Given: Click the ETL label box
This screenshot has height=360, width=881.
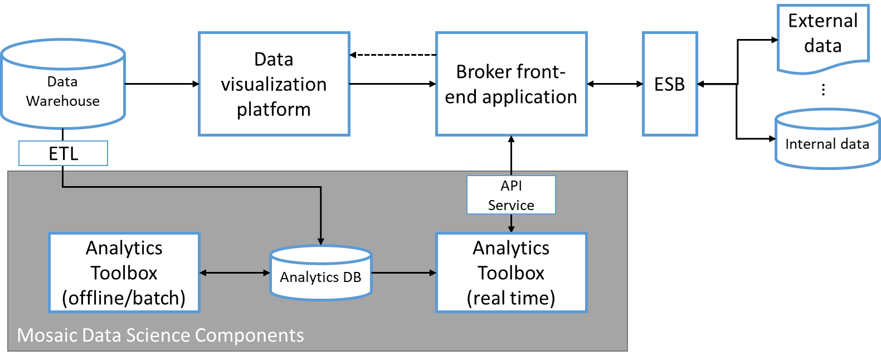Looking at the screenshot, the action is coord(63,153).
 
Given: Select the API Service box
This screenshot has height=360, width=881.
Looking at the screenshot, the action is coord(511,194).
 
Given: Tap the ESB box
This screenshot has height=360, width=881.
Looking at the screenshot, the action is coord(670,84).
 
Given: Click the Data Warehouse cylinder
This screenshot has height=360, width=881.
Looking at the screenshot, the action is coord(63,84).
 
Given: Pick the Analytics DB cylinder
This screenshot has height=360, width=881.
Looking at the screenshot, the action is coord(320,273).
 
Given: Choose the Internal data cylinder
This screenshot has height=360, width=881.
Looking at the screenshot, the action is coord(827,139).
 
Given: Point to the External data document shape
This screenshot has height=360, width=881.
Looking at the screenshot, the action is coord(823,38).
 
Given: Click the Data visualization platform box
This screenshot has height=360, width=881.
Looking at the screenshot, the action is coord(274,84).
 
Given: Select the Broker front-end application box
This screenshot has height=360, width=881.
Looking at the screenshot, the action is coord(512,84).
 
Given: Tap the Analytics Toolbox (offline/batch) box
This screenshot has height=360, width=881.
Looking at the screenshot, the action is coord(124,273).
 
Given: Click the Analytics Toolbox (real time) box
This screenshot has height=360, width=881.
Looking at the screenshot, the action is coord(512,273).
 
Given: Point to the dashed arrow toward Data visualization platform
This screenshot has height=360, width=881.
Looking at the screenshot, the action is coord(393,55).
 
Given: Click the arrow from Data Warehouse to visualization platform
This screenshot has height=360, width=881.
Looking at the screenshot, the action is coord(162,84).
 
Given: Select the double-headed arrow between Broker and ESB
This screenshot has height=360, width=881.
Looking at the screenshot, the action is coord(615,84).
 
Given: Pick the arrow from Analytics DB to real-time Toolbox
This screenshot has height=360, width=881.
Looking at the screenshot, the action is coord(404,273).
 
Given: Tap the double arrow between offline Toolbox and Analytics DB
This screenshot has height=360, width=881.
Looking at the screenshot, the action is coord(235,273).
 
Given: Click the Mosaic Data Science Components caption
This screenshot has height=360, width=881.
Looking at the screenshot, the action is coord(160,335).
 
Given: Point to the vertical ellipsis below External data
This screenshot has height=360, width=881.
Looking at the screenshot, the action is coord(823,90).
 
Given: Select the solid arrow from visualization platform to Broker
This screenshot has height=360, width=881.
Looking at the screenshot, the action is coord(393,84).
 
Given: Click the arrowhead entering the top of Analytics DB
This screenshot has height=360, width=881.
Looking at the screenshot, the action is coord(321,241).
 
